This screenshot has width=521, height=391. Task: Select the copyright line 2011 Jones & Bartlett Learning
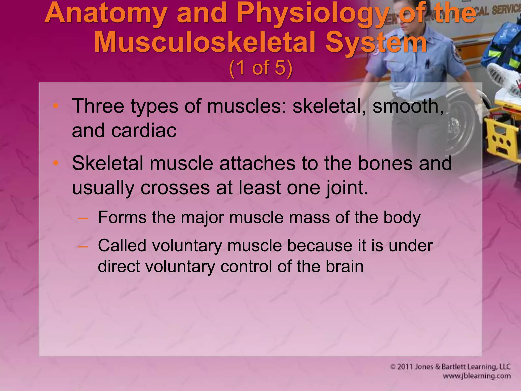450,367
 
